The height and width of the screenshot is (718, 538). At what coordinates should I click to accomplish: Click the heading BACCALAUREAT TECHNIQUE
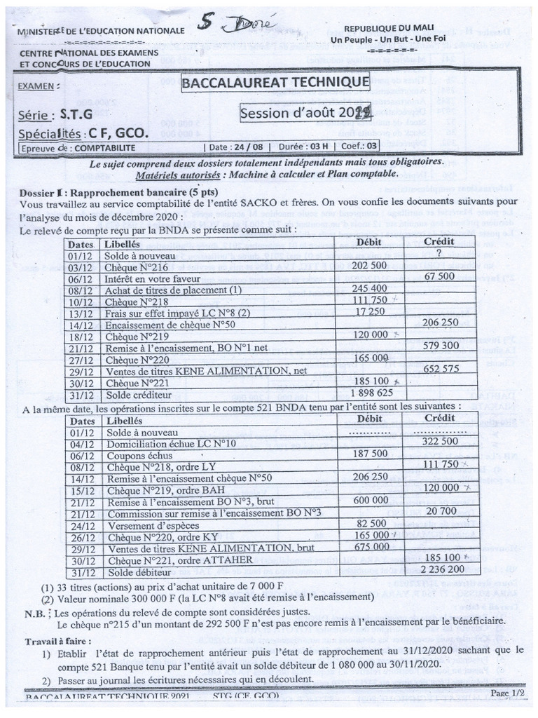click(x=275, y=84)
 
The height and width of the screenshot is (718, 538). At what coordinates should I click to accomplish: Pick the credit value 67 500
click(x=440, y=277)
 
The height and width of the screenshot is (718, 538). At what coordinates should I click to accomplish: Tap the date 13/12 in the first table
click(x=82, y=311)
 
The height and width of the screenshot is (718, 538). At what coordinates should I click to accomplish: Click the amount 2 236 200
click(x=441, y=569)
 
